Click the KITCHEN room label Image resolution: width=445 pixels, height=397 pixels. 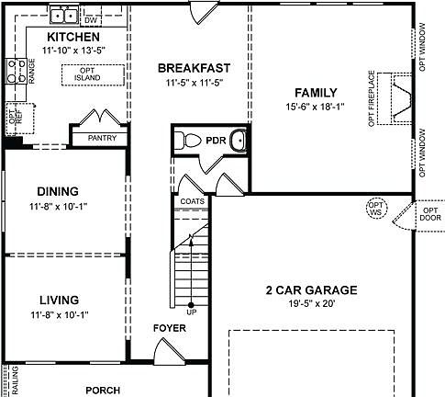[x=72, y=37]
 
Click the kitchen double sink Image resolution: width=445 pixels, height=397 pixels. [x=63, y=15]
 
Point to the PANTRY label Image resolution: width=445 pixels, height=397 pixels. [x=102, y=138]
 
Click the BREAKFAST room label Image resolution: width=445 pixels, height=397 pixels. [x=193, y=68]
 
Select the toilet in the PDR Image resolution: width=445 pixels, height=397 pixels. [x=189, y=142]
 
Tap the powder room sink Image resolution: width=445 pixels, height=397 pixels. [x=238, y=142]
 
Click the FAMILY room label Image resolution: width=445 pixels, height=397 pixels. [x=316, y=93]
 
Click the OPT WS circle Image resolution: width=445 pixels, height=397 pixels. [x=374, y=209]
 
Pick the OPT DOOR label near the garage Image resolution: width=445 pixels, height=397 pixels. [x=429, y=214]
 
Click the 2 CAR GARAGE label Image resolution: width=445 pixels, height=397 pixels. [x=311, y=290]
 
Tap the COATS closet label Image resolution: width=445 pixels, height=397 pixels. [x=192, y=201]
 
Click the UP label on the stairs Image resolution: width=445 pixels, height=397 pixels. [x=191, y=312]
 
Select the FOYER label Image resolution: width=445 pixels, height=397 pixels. [x=169, y=328]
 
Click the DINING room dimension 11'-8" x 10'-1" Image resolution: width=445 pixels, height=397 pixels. [x=65, y=207]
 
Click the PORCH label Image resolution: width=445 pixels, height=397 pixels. [x=103, y=390]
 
